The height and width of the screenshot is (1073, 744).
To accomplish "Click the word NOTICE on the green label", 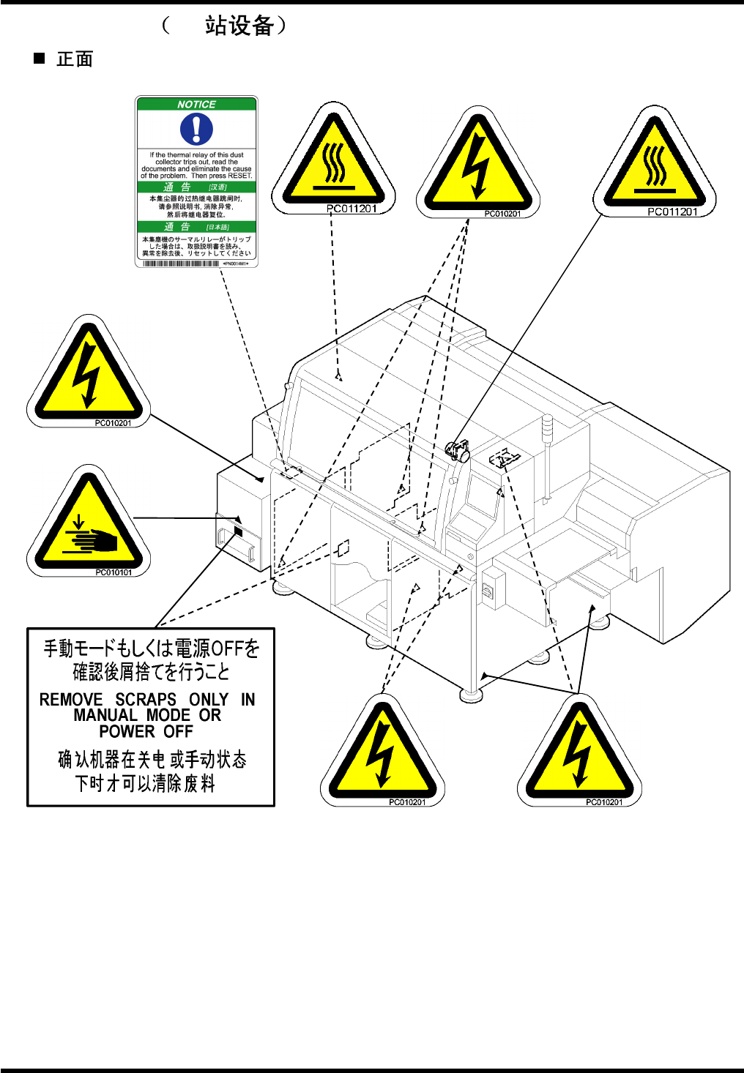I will click(x=196, y=105).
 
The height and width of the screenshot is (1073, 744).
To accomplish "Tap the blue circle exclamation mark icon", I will click(x=196, y=130).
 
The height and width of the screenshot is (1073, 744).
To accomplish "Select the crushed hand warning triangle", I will click(x=89, y=525).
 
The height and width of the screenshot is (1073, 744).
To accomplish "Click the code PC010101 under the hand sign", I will click(x=114, y=572).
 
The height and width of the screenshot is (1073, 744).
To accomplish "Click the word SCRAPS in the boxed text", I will click(x=146, y=700).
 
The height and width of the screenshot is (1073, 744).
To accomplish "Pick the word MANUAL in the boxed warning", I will click(x=105, y=716).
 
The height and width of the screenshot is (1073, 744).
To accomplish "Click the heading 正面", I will click(x=75, y=59).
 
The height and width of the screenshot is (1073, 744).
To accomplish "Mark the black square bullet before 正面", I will click(x=40, y=58).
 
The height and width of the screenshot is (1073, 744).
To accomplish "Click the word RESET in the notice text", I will click(x=239, y=176).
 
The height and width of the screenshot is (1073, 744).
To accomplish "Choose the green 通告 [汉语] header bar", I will click(x=196, y=187).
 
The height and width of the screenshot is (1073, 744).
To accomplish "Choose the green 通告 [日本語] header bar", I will click(x=196, y=227).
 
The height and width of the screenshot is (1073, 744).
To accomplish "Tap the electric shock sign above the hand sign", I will click(x=88, y=375).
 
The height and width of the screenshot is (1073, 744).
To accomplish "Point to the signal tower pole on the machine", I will click(x=546, y=461).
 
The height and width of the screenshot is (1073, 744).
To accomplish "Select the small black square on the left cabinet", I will click(x=237, y=530).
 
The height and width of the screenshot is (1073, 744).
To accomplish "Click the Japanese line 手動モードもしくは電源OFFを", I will click(x=152, y=648).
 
